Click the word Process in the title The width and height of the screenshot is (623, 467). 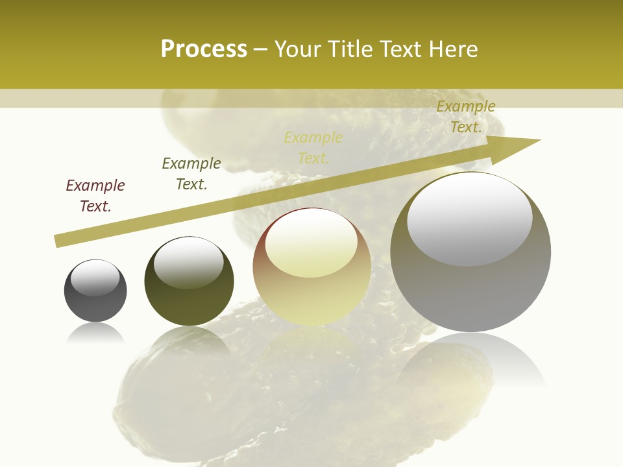(x=204, y=49)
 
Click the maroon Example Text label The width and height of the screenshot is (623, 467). (x=95, y=196)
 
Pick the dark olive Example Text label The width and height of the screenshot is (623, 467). (x=191, y=174)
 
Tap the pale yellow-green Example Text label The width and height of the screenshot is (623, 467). (x=313, y=148)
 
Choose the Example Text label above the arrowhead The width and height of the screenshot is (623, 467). (x=466, y=117)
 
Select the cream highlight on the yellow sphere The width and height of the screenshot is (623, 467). (x=311, y=245)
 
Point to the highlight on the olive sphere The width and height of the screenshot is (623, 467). (x=189, y=262)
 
